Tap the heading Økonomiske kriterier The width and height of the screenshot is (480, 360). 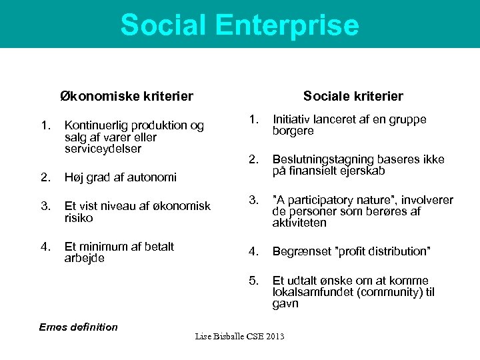coord(127,97)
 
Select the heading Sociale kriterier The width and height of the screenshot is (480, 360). coord(353,97)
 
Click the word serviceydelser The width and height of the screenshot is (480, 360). coord(103,149)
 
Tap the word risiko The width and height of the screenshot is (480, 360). coord(78,218)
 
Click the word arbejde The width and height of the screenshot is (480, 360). coord(85,258)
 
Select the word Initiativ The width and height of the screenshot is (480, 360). coord(294,119)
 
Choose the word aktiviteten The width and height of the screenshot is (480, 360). coord(299,223)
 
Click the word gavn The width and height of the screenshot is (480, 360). coord(285,303)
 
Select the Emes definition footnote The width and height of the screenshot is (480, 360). coord(78,327)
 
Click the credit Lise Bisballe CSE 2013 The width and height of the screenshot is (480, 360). coord(239,336)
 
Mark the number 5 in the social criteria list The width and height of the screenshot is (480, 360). coord(253,281)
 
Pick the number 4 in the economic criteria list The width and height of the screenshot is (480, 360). coord(45,247)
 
